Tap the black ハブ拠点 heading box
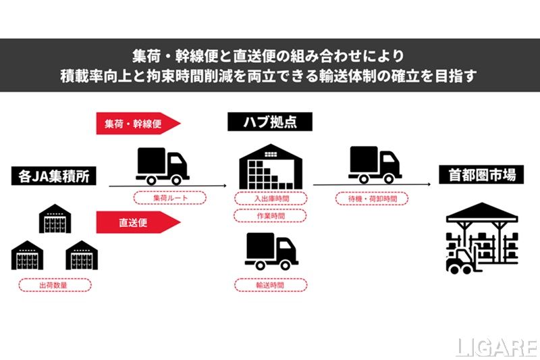[x=270, y=122]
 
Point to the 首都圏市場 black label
[x=482, y=175]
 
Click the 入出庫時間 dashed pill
[x=270, y=198]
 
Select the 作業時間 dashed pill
[x=270, y=215]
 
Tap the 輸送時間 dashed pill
[x=270, y=285]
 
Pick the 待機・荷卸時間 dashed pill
[x=371, y=199]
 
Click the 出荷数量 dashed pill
[x=55, y=284]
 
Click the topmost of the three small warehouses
[x=55, y=220]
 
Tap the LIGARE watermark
[x=495, y=347]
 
